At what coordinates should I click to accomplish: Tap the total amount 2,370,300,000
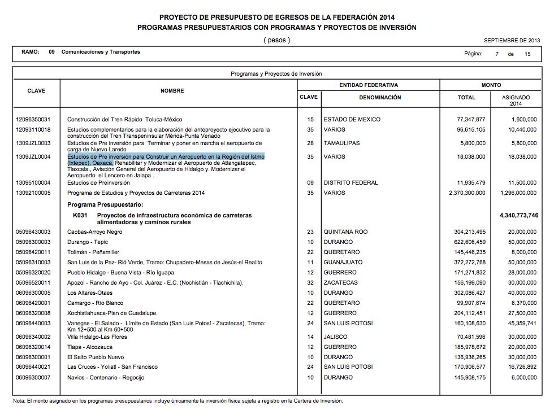click(x=463, y=193)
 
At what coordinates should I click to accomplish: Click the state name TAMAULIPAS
click(x=341, y=143)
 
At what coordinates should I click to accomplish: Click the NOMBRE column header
click(x=172, y=91)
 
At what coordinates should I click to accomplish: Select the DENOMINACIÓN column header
click(x=380, y=98)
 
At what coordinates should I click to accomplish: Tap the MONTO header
click(x=491, y=85)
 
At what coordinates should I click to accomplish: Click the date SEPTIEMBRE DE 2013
click(x=512, y=41)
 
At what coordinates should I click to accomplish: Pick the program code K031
click(x=80, y=216)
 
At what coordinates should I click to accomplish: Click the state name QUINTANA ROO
click(x=346, y=232)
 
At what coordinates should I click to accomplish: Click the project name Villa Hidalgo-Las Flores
click(x=97, y=337)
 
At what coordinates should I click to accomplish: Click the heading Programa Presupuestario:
click(x=105, y=204)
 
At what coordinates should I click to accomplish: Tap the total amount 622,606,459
click(x=466, y=242)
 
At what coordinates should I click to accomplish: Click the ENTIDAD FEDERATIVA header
click(x=369, y=85)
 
